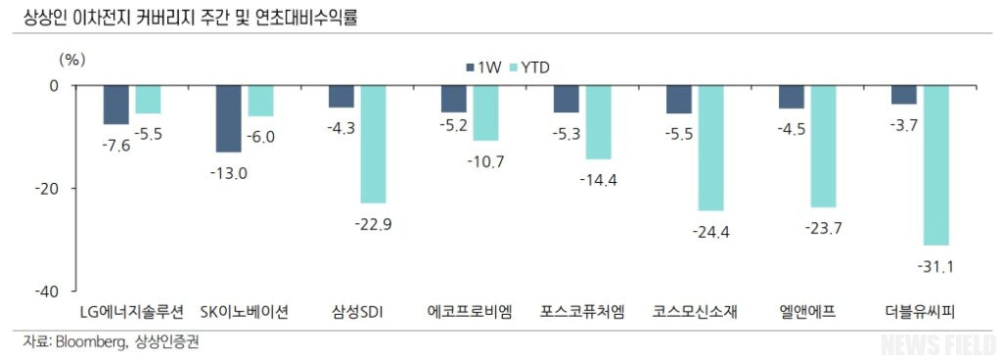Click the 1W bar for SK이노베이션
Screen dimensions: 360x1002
click(x=228, y=118)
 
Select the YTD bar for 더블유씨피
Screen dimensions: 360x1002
click(x=935, y=164)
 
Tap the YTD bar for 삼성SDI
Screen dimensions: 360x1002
click(x=373, y=144)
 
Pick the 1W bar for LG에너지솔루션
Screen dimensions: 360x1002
click(x=115, y=105)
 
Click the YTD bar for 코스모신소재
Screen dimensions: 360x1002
click(x=710, y=148)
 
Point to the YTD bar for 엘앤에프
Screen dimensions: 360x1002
click(x=823, y=146)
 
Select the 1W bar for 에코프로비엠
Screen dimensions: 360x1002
click(x=453, y=99)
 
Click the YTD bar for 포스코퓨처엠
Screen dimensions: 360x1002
click(x=598, y=122)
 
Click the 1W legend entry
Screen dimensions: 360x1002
click(x=483, y=67)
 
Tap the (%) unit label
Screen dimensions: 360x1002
click(x=73, y=59)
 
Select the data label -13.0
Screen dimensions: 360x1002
click(x=228, y=173)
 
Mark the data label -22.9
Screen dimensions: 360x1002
click(x=373, y=224)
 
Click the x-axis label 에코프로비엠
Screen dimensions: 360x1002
click(x=470, y=313)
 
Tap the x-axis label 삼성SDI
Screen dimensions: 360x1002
click(x=357, y=313)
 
